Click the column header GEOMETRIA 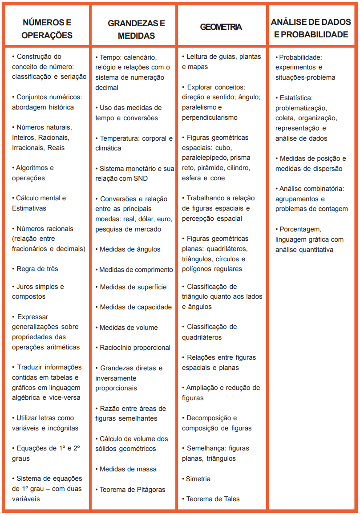(x=221, y=27)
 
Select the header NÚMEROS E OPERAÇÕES (x=47, y=28)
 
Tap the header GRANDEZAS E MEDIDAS (x=133, y=29)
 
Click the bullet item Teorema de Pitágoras (x=132, y=490)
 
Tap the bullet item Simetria (x=198, y=479)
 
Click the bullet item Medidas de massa (x=128, y=469)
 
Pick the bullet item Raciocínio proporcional (x=135, y=348)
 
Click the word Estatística (x=296, y=97)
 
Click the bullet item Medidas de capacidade (x=136, y=307)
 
